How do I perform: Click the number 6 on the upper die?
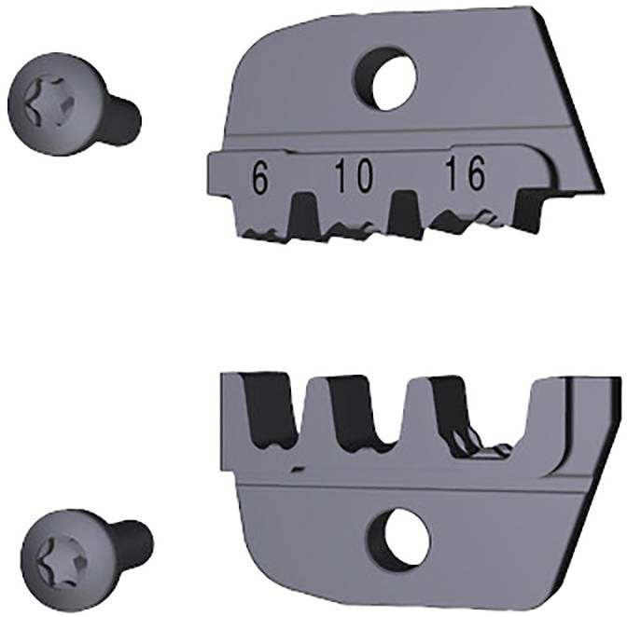259,176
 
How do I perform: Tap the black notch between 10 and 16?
404,211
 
